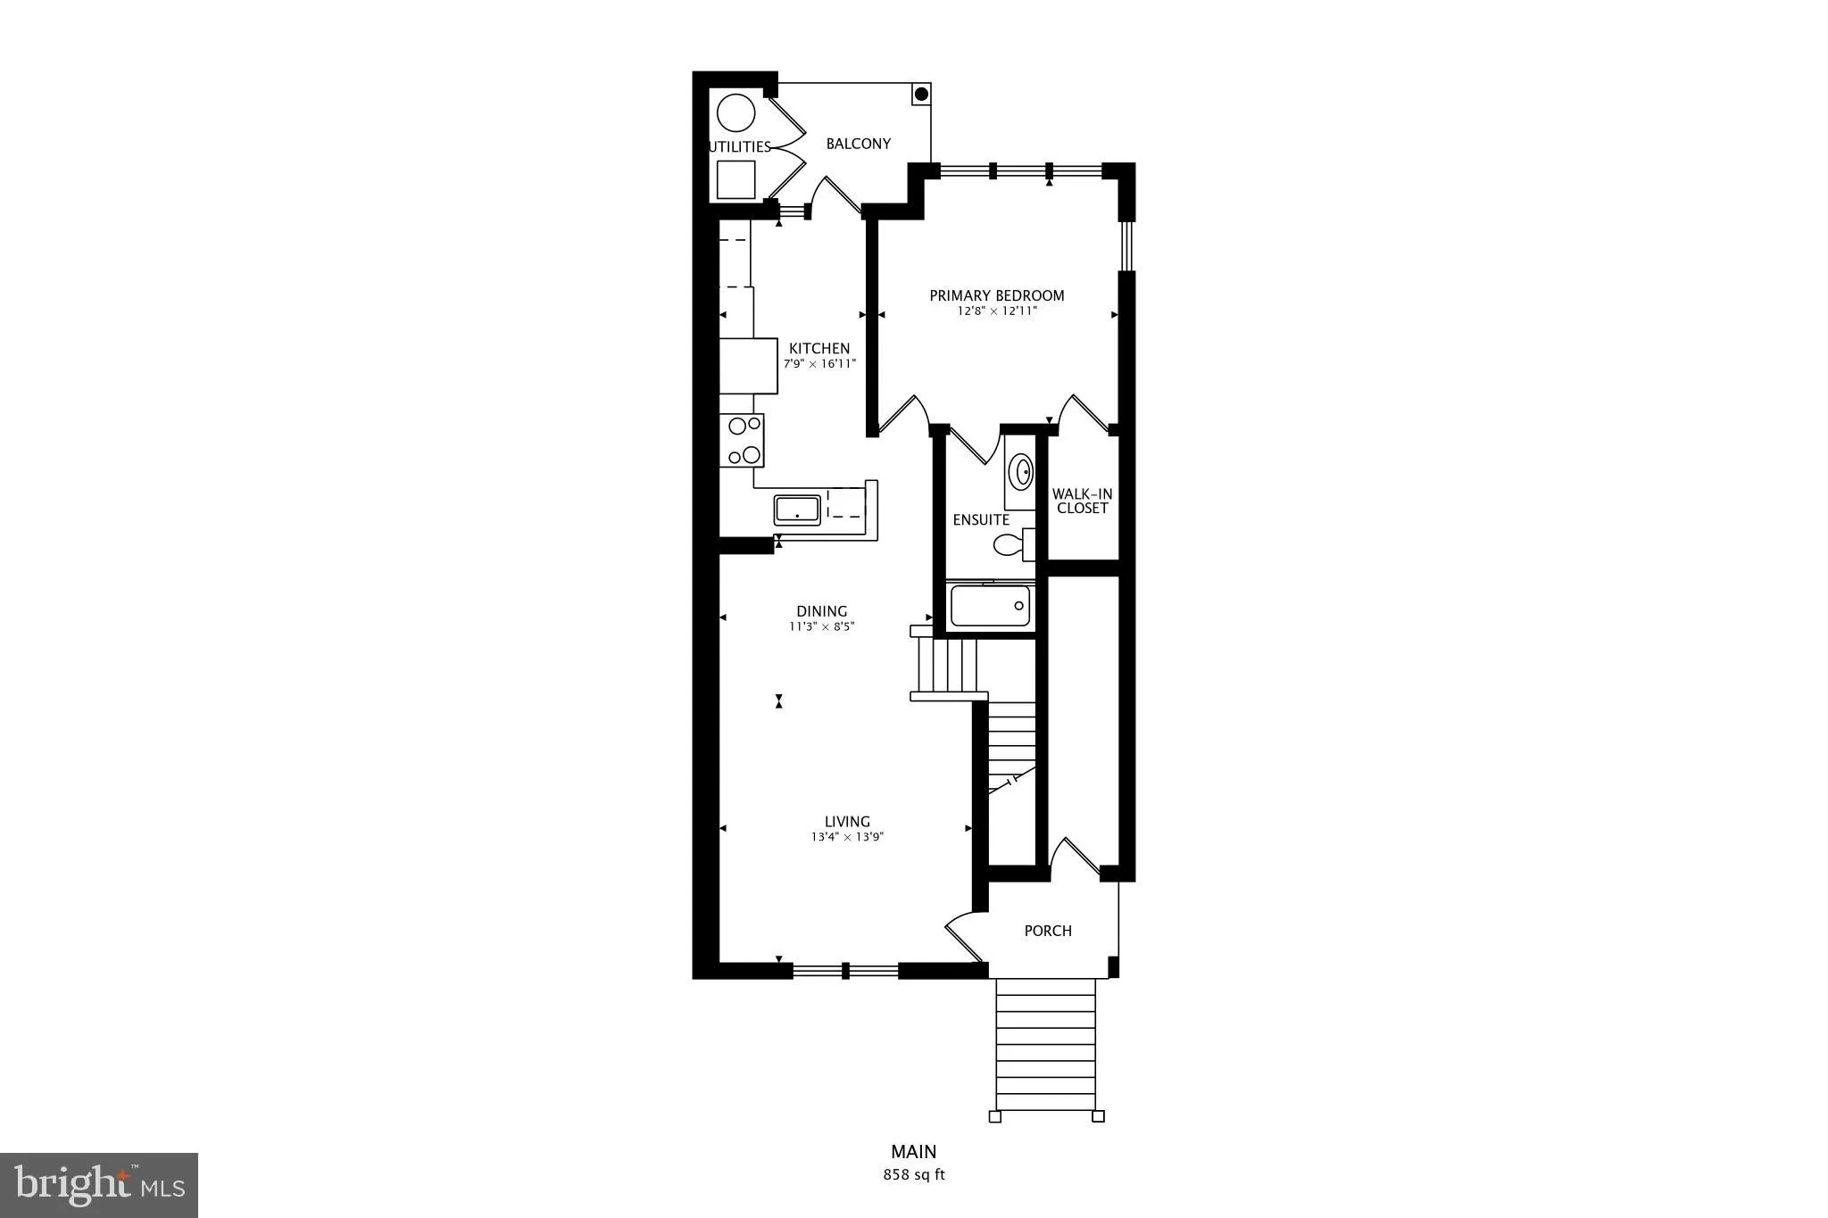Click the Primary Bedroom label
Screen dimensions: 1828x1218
point(997,295)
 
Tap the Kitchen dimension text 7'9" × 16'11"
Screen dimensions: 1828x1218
point(819,364)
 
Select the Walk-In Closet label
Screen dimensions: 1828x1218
point(1082,501)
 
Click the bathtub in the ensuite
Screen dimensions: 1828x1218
point(991,606)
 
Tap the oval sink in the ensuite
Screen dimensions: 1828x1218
point(1020,469)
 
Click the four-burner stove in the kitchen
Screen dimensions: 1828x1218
point(742,441)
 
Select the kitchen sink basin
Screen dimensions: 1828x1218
point(797,510)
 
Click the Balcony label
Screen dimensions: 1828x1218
point(859,144)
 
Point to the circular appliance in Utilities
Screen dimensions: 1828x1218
point(736,114)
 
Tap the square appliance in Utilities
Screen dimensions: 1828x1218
point(736,179)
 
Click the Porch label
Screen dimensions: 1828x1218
point(1048,931)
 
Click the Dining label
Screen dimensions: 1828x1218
point(822,611)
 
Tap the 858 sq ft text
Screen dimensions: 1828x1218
point(914,1174)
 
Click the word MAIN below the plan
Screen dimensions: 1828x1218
point(914,1152)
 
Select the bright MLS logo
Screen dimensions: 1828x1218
point(99,1185)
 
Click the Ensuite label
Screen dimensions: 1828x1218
point(981,519)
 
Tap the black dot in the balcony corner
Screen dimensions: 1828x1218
point(922,94)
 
